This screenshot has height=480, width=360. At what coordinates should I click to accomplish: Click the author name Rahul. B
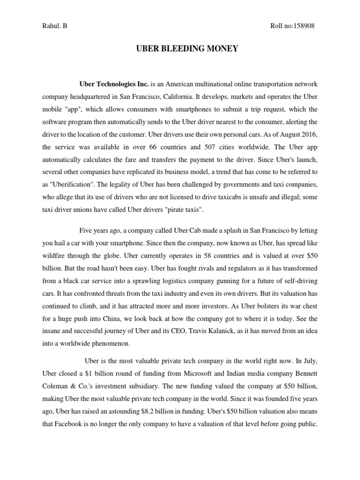coord(54,26)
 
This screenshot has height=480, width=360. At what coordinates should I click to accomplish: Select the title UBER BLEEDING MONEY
coord(180,49)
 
